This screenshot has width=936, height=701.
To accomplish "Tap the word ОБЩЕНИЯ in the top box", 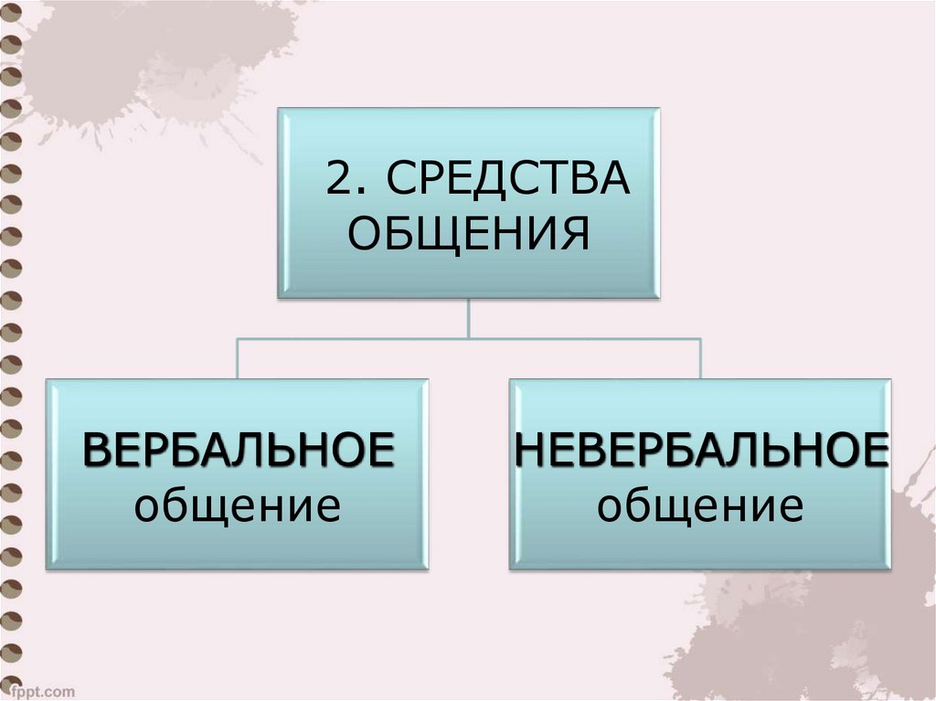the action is point(469,234).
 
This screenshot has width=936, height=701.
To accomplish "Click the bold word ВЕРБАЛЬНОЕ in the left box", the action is point(239,451).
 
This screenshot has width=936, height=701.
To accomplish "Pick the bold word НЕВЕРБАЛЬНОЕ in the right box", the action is point(701,451).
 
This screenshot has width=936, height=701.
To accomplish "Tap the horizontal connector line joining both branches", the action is point(469,338).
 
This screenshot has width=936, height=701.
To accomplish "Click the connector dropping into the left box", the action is point(238,358).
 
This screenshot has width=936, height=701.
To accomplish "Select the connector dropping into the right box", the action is point(700,358).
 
